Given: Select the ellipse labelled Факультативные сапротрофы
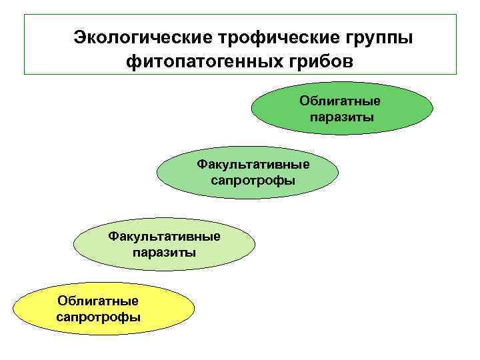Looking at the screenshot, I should [247, 172].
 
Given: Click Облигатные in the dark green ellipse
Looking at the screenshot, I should [340, 101].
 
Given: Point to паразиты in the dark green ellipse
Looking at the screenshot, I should [341, 117].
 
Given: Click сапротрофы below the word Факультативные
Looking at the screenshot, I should [253, 180].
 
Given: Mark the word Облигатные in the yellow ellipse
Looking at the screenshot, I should [98, 301].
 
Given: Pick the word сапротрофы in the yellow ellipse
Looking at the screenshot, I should [98, 317].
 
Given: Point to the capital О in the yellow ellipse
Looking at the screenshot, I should [63, 301].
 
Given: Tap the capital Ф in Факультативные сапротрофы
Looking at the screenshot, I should [200, 164].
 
